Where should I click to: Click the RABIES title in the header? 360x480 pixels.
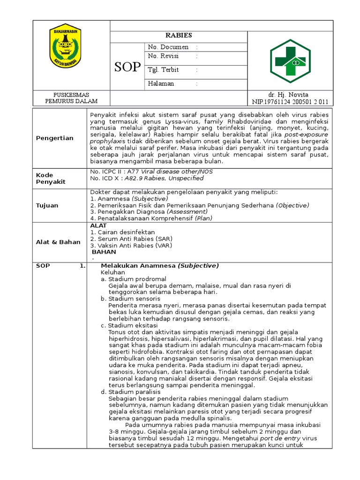click(x=178, y=36)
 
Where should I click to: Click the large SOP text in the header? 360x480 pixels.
click(x=127, y=67)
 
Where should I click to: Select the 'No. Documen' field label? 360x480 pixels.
click(x=168, y=47)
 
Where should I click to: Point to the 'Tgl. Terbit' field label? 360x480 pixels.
click(x=164, y=70)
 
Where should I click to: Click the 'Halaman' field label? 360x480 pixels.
click(x=161, y=83)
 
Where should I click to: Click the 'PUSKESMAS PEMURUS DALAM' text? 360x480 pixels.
click(x=71, y=98)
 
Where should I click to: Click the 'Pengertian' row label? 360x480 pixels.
click(x=55, y=138)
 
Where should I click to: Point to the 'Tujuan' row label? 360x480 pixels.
click(x=47, y=205)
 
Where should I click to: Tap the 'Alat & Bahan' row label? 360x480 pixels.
click(x=58, y=242)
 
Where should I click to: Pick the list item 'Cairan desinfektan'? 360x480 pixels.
click(x=125, y=232)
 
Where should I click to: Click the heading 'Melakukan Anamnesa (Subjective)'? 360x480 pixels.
click(x=160, y=266)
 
